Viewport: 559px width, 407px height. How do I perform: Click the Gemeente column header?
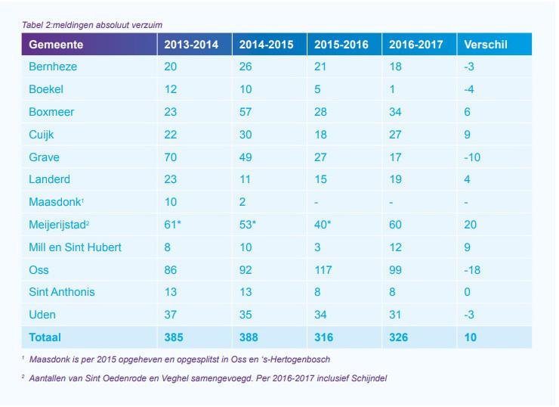point(56,45)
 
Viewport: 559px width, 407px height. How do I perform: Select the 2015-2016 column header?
point(341,45)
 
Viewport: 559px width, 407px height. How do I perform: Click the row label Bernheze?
point(53,67)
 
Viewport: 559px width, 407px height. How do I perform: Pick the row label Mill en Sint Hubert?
point(75,247)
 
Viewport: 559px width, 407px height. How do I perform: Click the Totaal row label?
point(45,337)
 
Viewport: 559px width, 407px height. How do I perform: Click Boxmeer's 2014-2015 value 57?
point(246,113)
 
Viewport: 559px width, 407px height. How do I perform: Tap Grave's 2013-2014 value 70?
point(171,157)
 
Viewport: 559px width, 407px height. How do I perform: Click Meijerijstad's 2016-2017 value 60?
point(396,225)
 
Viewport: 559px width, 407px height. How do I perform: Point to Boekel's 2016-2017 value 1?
point(392,90)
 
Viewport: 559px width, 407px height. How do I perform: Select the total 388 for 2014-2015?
point(249,337)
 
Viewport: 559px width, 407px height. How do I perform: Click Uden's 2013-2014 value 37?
point(171,315)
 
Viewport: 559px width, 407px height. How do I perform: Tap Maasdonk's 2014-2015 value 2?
point(242,202)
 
